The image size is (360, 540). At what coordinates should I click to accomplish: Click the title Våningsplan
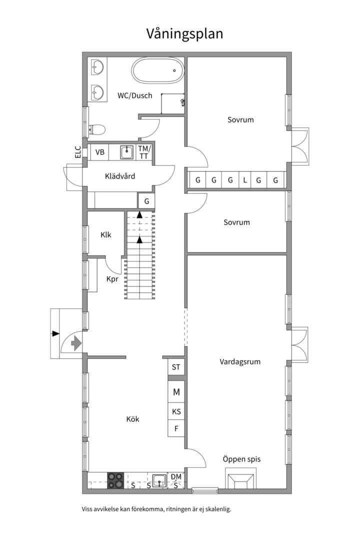pos(184,34)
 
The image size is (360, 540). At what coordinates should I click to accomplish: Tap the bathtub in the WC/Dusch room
pos(158,70)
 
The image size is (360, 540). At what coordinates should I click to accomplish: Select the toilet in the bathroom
pos(97,130)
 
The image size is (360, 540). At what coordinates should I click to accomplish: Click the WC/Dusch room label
pos(134,95)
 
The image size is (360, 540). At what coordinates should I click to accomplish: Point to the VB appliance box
pos(100,152)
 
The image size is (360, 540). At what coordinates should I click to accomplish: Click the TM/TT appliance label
pos(144,152)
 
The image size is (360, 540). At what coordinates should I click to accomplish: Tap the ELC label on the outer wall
pos(78,152)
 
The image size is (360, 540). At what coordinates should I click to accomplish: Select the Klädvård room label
pos(120,176)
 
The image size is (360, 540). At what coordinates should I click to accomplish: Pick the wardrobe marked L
pos(245,180)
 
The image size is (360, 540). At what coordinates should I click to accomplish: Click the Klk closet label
pos(106,235)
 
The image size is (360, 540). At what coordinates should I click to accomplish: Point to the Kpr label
pos(112,279)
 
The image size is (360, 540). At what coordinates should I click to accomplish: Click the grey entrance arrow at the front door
pos(76,343)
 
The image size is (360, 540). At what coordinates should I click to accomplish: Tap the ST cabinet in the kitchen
pos(176,367)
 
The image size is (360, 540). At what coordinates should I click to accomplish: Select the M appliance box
pos(176,391)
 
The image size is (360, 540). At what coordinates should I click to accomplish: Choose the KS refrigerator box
pos(176,411)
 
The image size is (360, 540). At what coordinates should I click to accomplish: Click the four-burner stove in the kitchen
pos(115,480)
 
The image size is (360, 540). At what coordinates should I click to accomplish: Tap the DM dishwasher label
pos(176,476)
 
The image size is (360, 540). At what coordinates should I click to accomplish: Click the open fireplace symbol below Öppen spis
pos(241,478)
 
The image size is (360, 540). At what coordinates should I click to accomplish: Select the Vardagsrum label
pos(240,361)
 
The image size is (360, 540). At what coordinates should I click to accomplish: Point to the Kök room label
pos(133,419)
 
